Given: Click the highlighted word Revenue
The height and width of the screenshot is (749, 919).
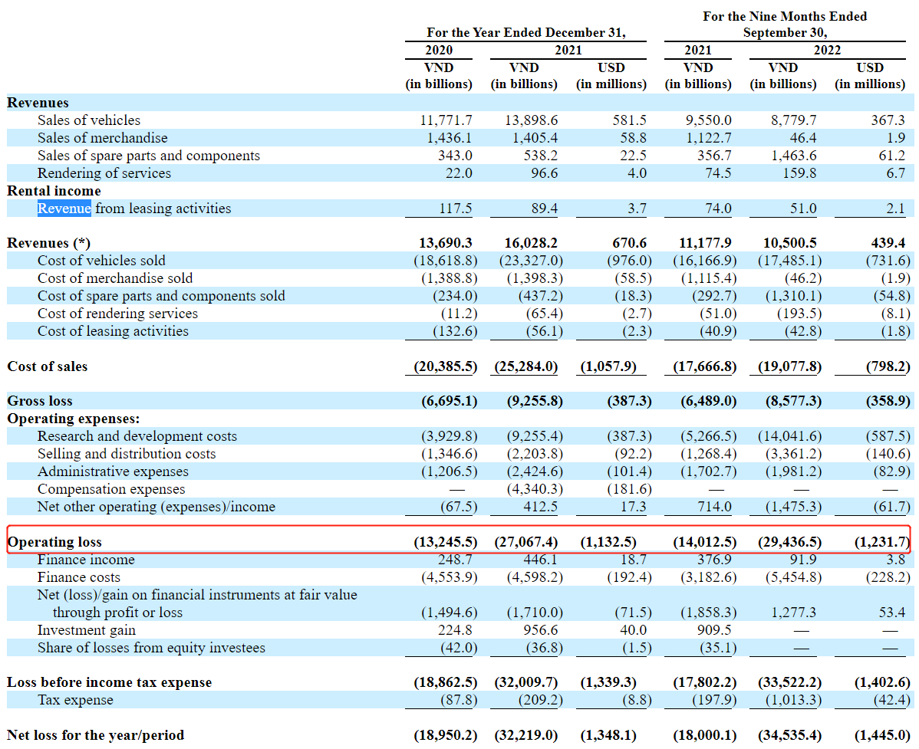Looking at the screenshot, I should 64,209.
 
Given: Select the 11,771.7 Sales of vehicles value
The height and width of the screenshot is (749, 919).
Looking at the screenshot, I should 446,120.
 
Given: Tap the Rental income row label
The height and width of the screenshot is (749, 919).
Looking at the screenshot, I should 54,191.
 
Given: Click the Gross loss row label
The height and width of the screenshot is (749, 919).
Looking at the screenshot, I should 40,401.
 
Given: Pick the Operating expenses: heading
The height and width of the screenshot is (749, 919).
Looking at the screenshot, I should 74,419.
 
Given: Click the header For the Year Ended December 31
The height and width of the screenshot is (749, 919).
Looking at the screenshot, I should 526,33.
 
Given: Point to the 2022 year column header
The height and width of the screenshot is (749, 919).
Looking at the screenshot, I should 827,50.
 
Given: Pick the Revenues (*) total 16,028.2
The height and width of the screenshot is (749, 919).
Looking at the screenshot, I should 531,243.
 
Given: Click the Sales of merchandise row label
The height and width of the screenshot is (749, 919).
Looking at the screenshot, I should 102,138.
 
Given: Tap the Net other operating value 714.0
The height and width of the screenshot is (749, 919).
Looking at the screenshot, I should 716,507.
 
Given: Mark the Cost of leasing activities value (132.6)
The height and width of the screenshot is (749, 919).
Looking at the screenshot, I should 448,331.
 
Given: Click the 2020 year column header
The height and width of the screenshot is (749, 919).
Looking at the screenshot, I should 439,50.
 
